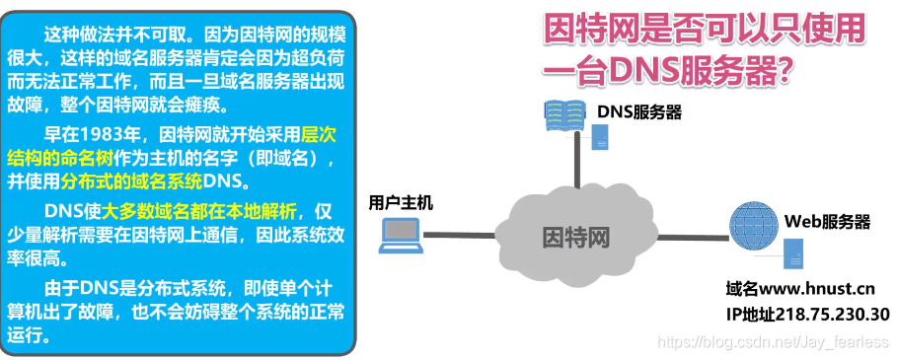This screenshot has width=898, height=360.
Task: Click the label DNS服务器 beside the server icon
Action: pyautogui.click(x=638, y=112)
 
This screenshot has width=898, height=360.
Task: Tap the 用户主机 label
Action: pyautogui.click(x=400, y=203)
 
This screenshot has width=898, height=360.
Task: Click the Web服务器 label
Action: pyautogui.click(x=827, y=221)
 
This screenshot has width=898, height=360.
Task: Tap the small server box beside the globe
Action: pyautogui.click(x=792, y=259)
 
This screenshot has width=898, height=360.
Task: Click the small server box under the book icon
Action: pyautogui.click(x=598, y=139)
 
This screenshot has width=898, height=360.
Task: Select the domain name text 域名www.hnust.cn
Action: pyautogui.click(x=799, y=290)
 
